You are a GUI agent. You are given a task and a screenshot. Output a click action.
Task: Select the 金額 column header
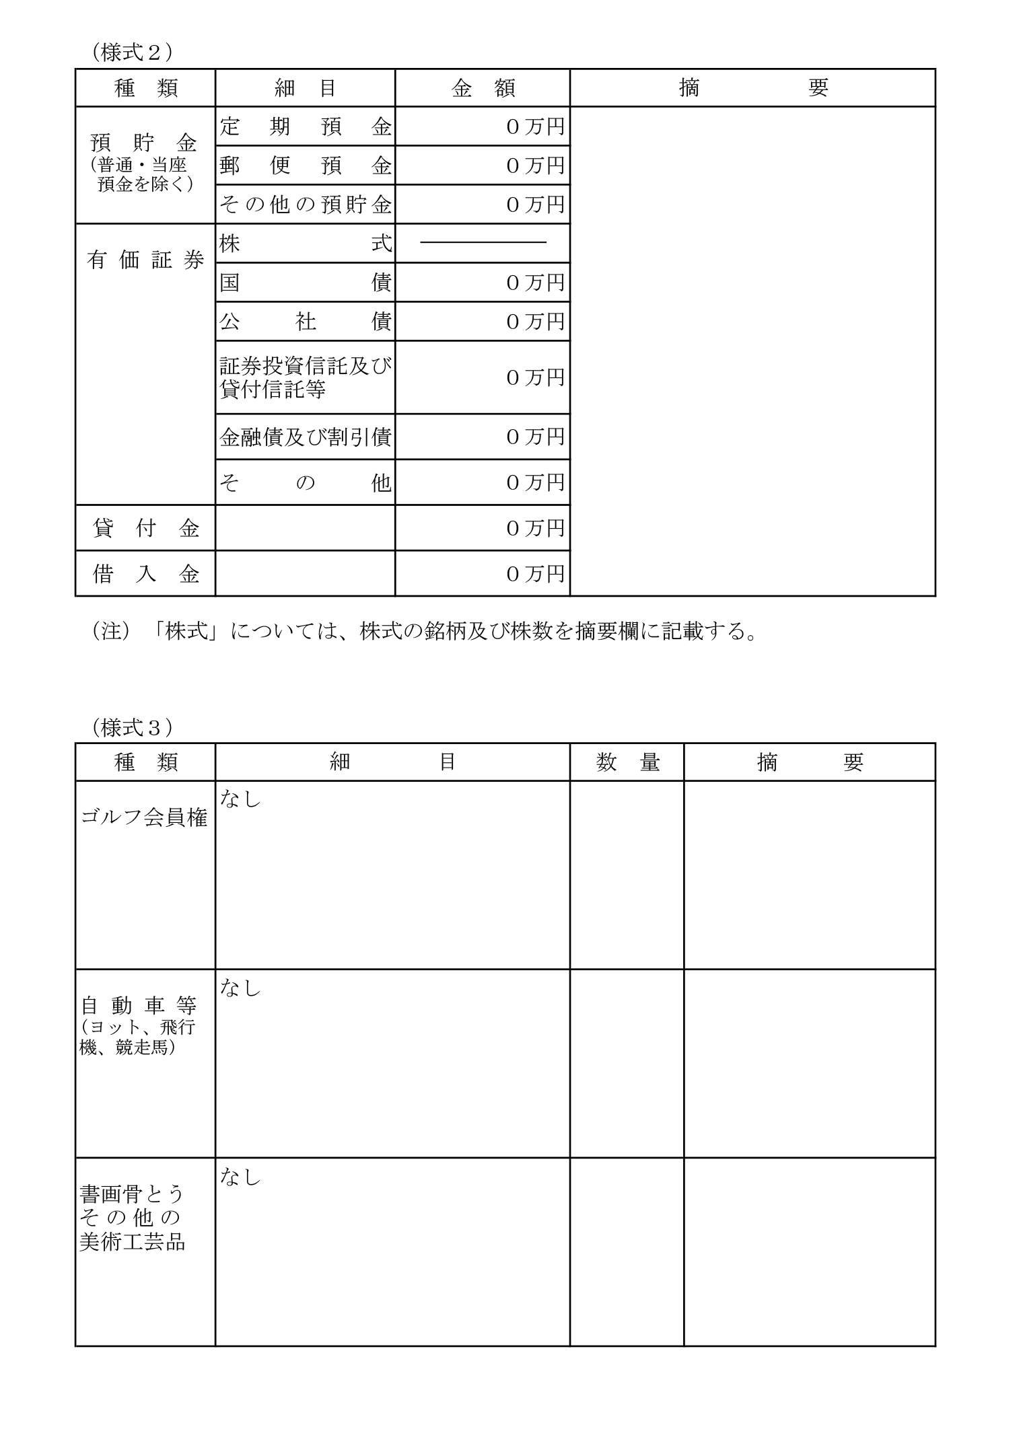click(483, 88)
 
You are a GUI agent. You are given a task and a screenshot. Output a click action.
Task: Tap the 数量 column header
click(627, 762)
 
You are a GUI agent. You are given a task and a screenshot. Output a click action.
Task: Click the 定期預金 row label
click(305, 126)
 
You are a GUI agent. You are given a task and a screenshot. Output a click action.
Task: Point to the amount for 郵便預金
click(534, 166)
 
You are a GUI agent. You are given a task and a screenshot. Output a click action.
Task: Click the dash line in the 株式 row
click(483, 242)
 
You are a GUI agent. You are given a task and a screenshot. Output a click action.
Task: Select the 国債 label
click(305, 283)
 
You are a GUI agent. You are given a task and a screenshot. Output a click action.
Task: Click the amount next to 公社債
click(534, 322)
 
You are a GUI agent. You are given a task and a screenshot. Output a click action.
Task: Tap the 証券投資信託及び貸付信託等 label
click(305, 377)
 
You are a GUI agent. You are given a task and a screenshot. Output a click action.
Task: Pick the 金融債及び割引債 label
click(305, 437)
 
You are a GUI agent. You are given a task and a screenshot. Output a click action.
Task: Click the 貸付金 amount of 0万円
click(534, 528)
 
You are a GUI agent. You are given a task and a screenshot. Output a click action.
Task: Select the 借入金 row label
click(145, 574)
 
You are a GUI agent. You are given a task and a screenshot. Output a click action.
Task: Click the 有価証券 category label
click(145, 260)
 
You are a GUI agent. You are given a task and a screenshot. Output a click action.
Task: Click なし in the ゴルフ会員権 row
click(240, 799)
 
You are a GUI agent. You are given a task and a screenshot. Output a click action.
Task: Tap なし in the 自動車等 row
click(240, 988)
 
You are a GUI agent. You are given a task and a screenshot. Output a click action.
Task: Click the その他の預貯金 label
click(305, 205)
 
